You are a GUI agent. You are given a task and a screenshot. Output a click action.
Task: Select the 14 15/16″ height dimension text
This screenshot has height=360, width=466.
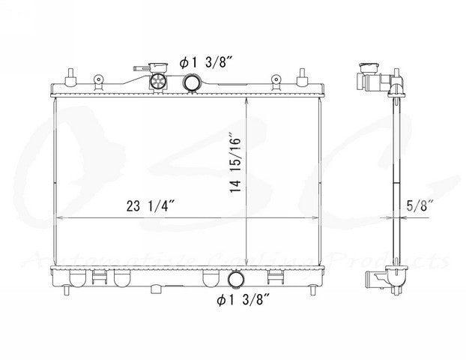[235, 163]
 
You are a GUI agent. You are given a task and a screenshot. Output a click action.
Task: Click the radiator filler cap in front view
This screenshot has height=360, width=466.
[158, 79]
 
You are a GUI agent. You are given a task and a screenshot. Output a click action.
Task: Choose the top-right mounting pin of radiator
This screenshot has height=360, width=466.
[303, 76]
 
